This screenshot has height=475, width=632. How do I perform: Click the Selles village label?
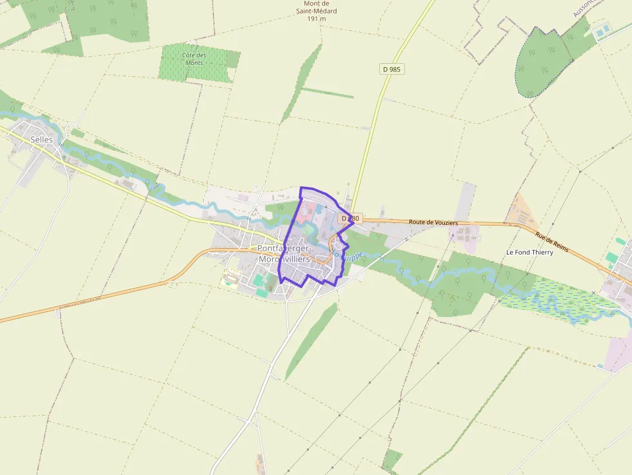[41, 139]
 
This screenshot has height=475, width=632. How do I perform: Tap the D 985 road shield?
[391, 68]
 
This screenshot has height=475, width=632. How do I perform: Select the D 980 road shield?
[349, 218]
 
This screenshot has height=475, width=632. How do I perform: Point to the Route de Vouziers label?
[433, 222]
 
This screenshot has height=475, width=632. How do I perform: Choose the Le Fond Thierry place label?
[529, 252]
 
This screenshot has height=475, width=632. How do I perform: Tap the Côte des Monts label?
[193, 59]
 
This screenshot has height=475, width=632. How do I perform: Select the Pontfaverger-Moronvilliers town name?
[284, 253]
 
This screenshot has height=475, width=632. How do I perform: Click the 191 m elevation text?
[316, 19]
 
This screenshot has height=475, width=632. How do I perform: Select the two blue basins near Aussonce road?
[603, 30]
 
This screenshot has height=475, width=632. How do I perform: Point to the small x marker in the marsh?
[593, 293]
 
